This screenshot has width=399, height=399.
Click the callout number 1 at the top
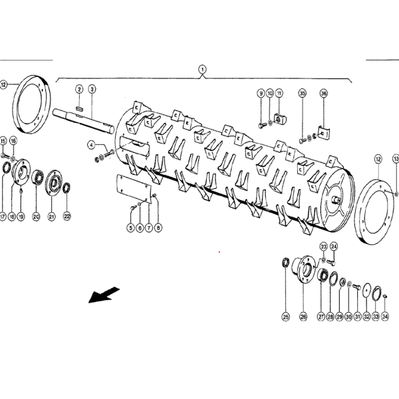[203, 68]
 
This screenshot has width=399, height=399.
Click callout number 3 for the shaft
[92, 89]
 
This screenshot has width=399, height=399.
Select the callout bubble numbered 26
[303, 317]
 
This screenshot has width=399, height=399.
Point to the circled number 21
[52, 216]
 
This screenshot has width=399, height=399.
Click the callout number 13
[396, 159]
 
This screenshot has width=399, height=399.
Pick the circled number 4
[90, 144]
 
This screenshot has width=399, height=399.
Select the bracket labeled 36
[323, 135]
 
